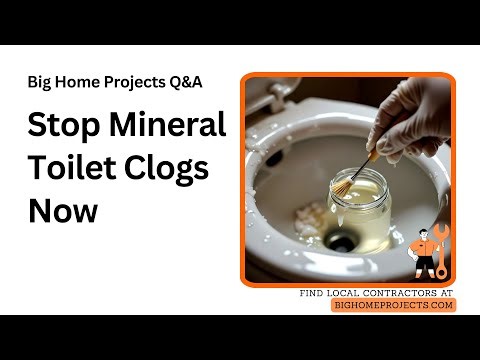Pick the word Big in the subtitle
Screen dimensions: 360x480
(x=41, y=81)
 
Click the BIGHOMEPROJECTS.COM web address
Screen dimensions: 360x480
(x=393, y=304)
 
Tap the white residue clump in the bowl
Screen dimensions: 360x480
(x=313, y=212)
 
